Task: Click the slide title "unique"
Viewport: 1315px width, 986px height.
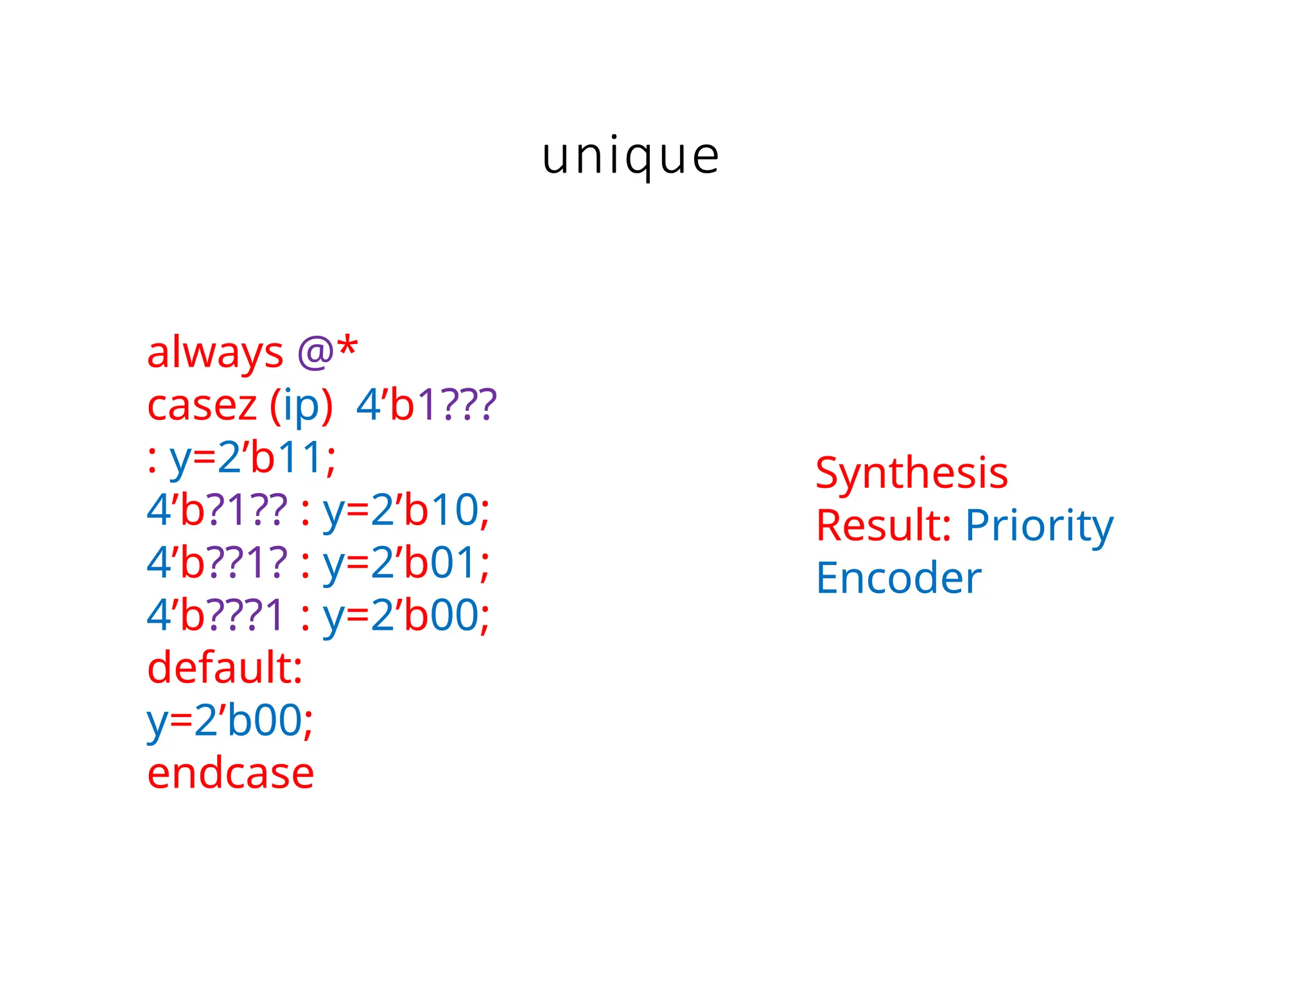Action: pos(631,157)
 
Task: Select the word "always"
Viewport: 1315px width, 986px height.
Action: pos(214,353)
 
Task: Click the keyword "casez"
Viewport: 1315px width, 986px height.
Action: pos(202,406)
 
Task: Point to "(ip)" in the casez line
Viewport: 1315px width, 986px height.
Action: pos(301,406)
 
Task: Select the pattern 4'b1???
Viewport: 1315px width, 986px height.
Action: pos(426,406)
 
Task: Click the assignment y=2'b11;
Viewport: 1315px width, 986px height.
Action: pos(252,458)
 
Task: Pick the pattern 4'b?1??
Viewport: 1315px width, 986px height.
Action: pos(217,511)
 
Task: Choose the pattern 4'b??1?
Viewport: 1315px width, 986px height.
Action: pos(217,564)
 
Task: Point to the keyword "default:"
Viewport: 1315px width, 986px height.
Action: pos(225,668)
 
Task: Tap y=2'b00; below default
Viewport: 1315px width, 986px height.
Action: pos(230,721)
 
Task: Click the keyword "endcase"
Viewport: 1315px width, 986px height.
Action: pos(231,774)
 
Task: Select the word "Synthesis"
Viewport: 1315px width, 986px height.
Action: pos(912,474)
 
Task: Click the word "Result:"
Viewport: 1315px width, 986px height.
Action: pos(884,526)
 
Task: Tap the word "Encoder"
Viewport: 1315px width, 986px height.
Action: pos(898,578)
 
